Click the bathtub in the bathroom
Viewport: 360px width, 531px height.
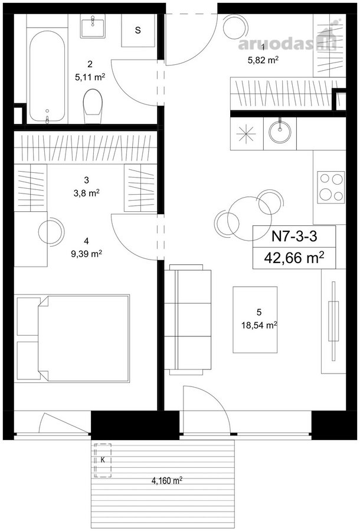point(47,77)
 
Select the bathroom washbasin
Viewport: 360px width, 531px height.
point(93,27)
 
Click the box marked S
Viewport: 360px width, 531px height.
point(138,31)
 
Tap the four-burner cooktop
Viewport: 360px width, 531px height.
point(331,187)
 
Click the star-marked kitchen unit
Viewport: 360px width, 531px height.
point(247,134)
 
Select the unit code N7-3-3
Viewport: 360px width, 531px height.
point(294,237)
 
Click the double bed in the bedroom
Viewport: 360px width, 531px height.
point(73,338)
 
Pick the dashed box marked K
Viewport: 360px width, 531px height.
point(103,461)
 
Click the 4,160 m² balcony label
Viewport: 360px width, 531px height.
point(167,480)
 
